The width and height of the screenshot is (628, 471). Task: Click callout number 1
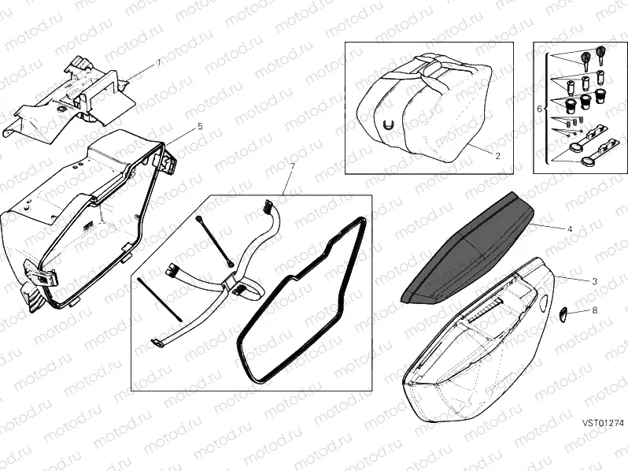[158, 62]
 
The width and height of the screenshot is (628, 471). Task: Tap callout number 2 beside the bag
[497, 156]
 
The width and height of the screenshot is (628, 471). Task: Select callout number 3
[595, 281]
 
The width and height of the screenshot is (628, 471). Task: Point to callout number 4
[570, 229]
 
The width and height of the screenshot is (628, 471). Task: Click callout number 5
[200, 127]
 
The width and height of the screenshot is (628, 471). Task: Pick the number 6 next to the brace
[539, 109]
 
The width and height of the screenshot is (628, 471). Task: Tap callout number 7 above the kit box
[291, 166]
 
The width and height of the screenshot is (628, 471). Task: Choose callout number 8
[595, 310]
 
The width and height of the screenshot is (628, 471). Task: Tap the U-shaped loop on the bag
[387, 125]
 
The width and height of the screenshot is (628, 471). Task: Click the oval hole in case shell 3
[544, 302]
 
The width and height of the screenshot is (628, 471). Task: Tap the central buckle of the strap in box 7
[231, 282]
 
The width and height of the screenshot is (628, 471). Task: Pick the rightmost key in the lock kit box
[600, 55]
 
